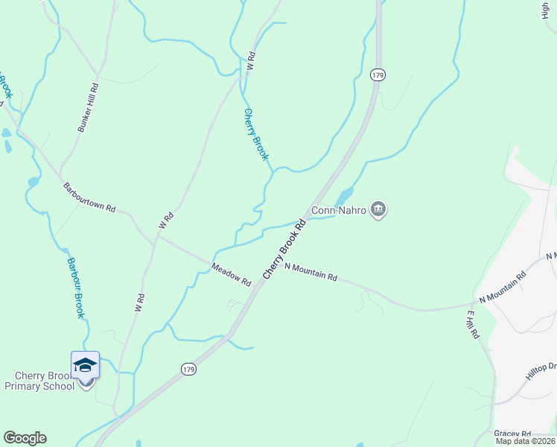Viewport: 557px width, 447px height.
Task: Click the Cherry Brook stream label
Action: pos(255,134)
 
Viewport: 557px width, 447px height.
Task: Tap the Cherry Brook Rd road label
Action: pos(284,249)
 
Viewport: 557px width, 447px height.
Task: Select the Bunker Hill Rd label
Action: pos(89,109)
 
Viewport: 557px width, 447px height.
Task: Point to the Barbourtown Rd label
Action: pos(89,198)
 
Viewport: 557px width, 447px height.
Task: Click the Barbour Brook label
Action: pos(74,288)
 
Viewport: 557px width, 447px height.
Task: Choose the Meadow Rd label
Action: pos(231,275)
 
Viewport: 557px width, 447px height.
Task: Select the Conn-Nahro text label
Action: pos(339,211)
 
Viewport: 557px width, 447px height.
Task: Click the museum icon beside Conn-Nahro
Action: pos(378,210)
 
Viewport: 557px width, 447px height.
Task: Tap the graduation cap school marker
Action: pos(85,365)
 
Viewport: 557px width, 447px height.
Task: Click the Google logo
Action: pos(25,438)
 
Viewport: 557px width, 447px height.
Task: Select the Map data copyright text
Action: pos(526,441)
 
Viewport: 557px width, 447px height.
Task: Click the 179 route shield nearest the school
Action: pos(189,369)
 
